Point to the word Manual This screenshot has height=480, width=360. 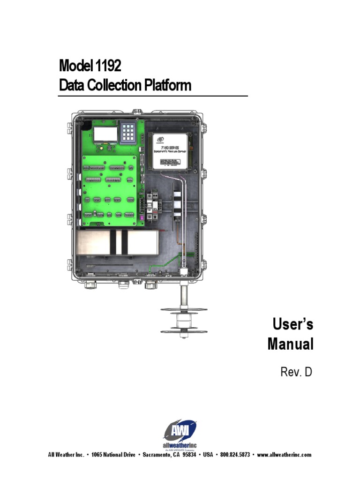[290, 345]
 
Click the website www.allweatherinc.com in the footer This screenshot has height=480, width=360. [284, 455]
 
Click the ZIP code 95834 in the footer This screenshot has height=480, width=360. [189, 455]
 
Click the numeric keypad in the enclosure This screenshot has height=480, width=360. [128, 133]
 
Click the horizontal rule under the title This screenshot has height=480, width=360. [152, 96]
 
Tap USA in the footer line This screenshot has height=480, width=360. [208, 455]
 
